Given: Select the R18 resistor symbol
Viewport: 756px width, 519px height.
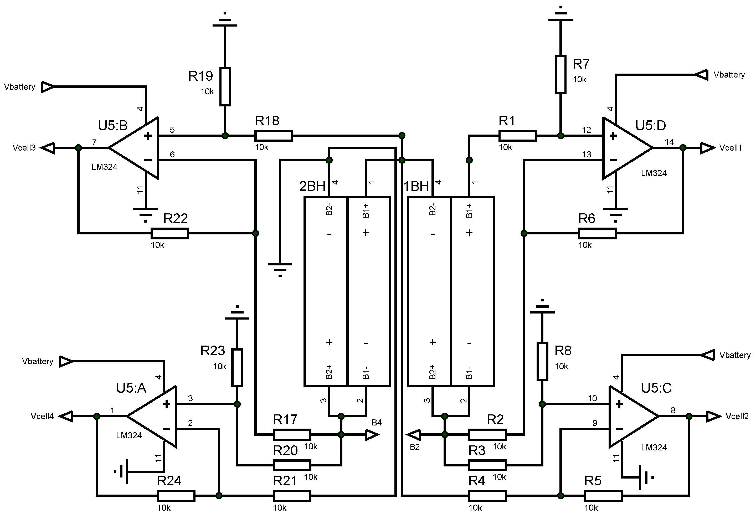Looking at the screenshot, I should click(x=274, y=135).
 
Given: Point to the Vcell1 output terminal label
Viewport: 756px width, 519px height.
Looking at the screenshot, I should click(x=731, y=148).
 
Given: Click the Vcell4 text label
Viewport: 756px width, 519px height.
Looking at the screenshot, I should click(x=42, y=416).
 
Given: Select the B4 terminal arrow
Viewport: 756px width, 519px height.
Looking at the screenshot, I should click(x=372, y=434).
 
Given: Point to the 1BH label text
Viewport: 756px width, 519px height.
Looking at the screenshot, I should click(x=416, y=186).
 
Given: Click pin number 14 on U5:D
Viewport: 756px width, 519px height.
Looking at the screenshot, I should click(x=669, y=142).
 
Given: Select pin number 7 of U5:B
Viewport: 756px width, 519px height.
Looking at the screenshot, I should click(x=94, y=142).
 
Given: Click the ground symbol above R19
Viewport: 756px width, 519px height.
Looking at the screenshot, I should click(x=225, y=20).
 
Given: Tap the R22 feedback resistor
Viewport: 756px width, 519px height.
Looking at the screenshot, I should click(x=169, y=233).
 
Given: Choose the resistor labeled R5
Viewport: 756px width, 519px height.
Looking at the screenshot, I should click(x=603, y=496).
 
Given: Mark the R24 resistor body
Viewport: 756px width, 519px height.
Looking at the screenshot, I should click(x=176, y=496).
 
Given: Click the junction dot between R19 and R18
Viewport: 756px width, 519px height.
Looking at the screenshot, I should click(x=225, y=135).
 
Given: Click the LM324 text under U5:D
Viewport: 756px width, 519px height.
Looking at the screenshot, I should click(x=654, y=173).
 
